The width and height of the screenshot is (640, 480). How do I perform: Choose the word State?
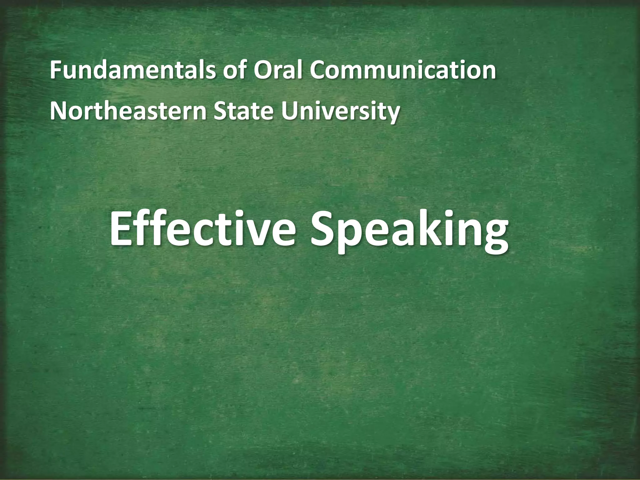(x=244, y=111)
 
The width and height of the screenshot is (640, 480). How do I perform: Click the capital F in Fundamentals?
(x=55, y=71)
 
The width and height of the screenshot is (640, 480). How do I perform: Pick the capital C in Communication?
(x=318, y=71)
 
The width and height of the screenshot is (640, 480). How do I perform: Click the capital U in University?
(x=289, y=111)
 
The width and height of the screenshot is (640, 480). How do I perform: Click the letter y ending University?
(x=392, y=114)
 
